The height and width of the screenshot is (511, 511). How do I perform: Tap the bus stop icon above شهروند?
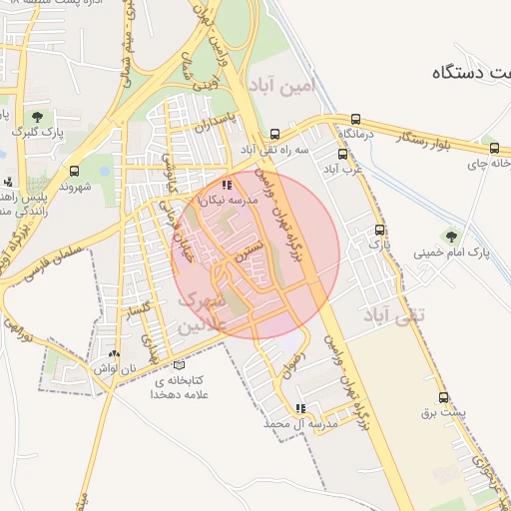tap(74, 171)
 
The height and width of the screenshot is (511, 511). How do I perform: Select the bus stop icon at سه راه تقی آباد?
tap(274, 134)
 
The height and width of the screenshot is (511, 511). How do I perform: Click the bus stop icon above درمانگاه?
tap(356, 119)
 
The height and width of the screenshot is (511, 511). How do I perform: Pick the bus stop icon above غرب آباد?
tap(342, 154)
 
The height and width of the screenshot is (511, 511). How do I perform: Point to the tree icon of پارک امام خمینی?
tap(451, 237)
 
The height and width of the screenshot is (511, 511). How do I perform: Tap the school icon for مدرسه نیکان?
tap(228, 185)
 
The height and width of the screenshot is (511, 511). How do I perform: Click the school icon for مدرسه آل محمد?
tap(300, 408)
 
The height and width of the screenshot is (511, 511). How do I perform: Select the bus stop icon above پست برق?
tap(442, 396)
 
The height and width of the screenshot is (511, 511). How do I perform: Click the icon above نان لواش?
tap(114, 352)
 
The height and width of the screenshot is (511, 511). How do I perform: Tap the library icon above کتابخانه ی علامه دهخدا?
tap(179, 364)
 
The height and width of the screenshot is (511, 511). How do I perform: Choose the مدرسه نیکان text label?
tap(229, 201)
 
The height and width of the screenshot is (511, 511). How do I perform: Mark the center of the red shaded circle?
tap(255, 255)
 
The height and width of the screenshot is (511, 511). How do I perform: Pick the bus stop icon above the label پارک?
tap(377, 228)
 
